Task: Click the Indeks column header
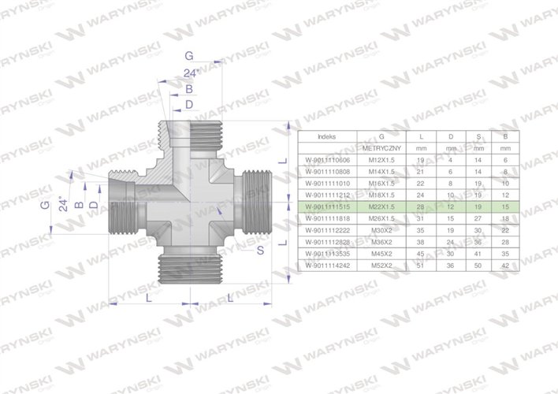point(325,136)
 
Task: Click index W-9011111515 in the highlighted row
point(325,205)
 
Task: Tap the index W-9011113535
point(325,255)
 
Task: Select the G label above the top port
point(188,54)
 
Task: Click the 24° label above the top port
point(189,73)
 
